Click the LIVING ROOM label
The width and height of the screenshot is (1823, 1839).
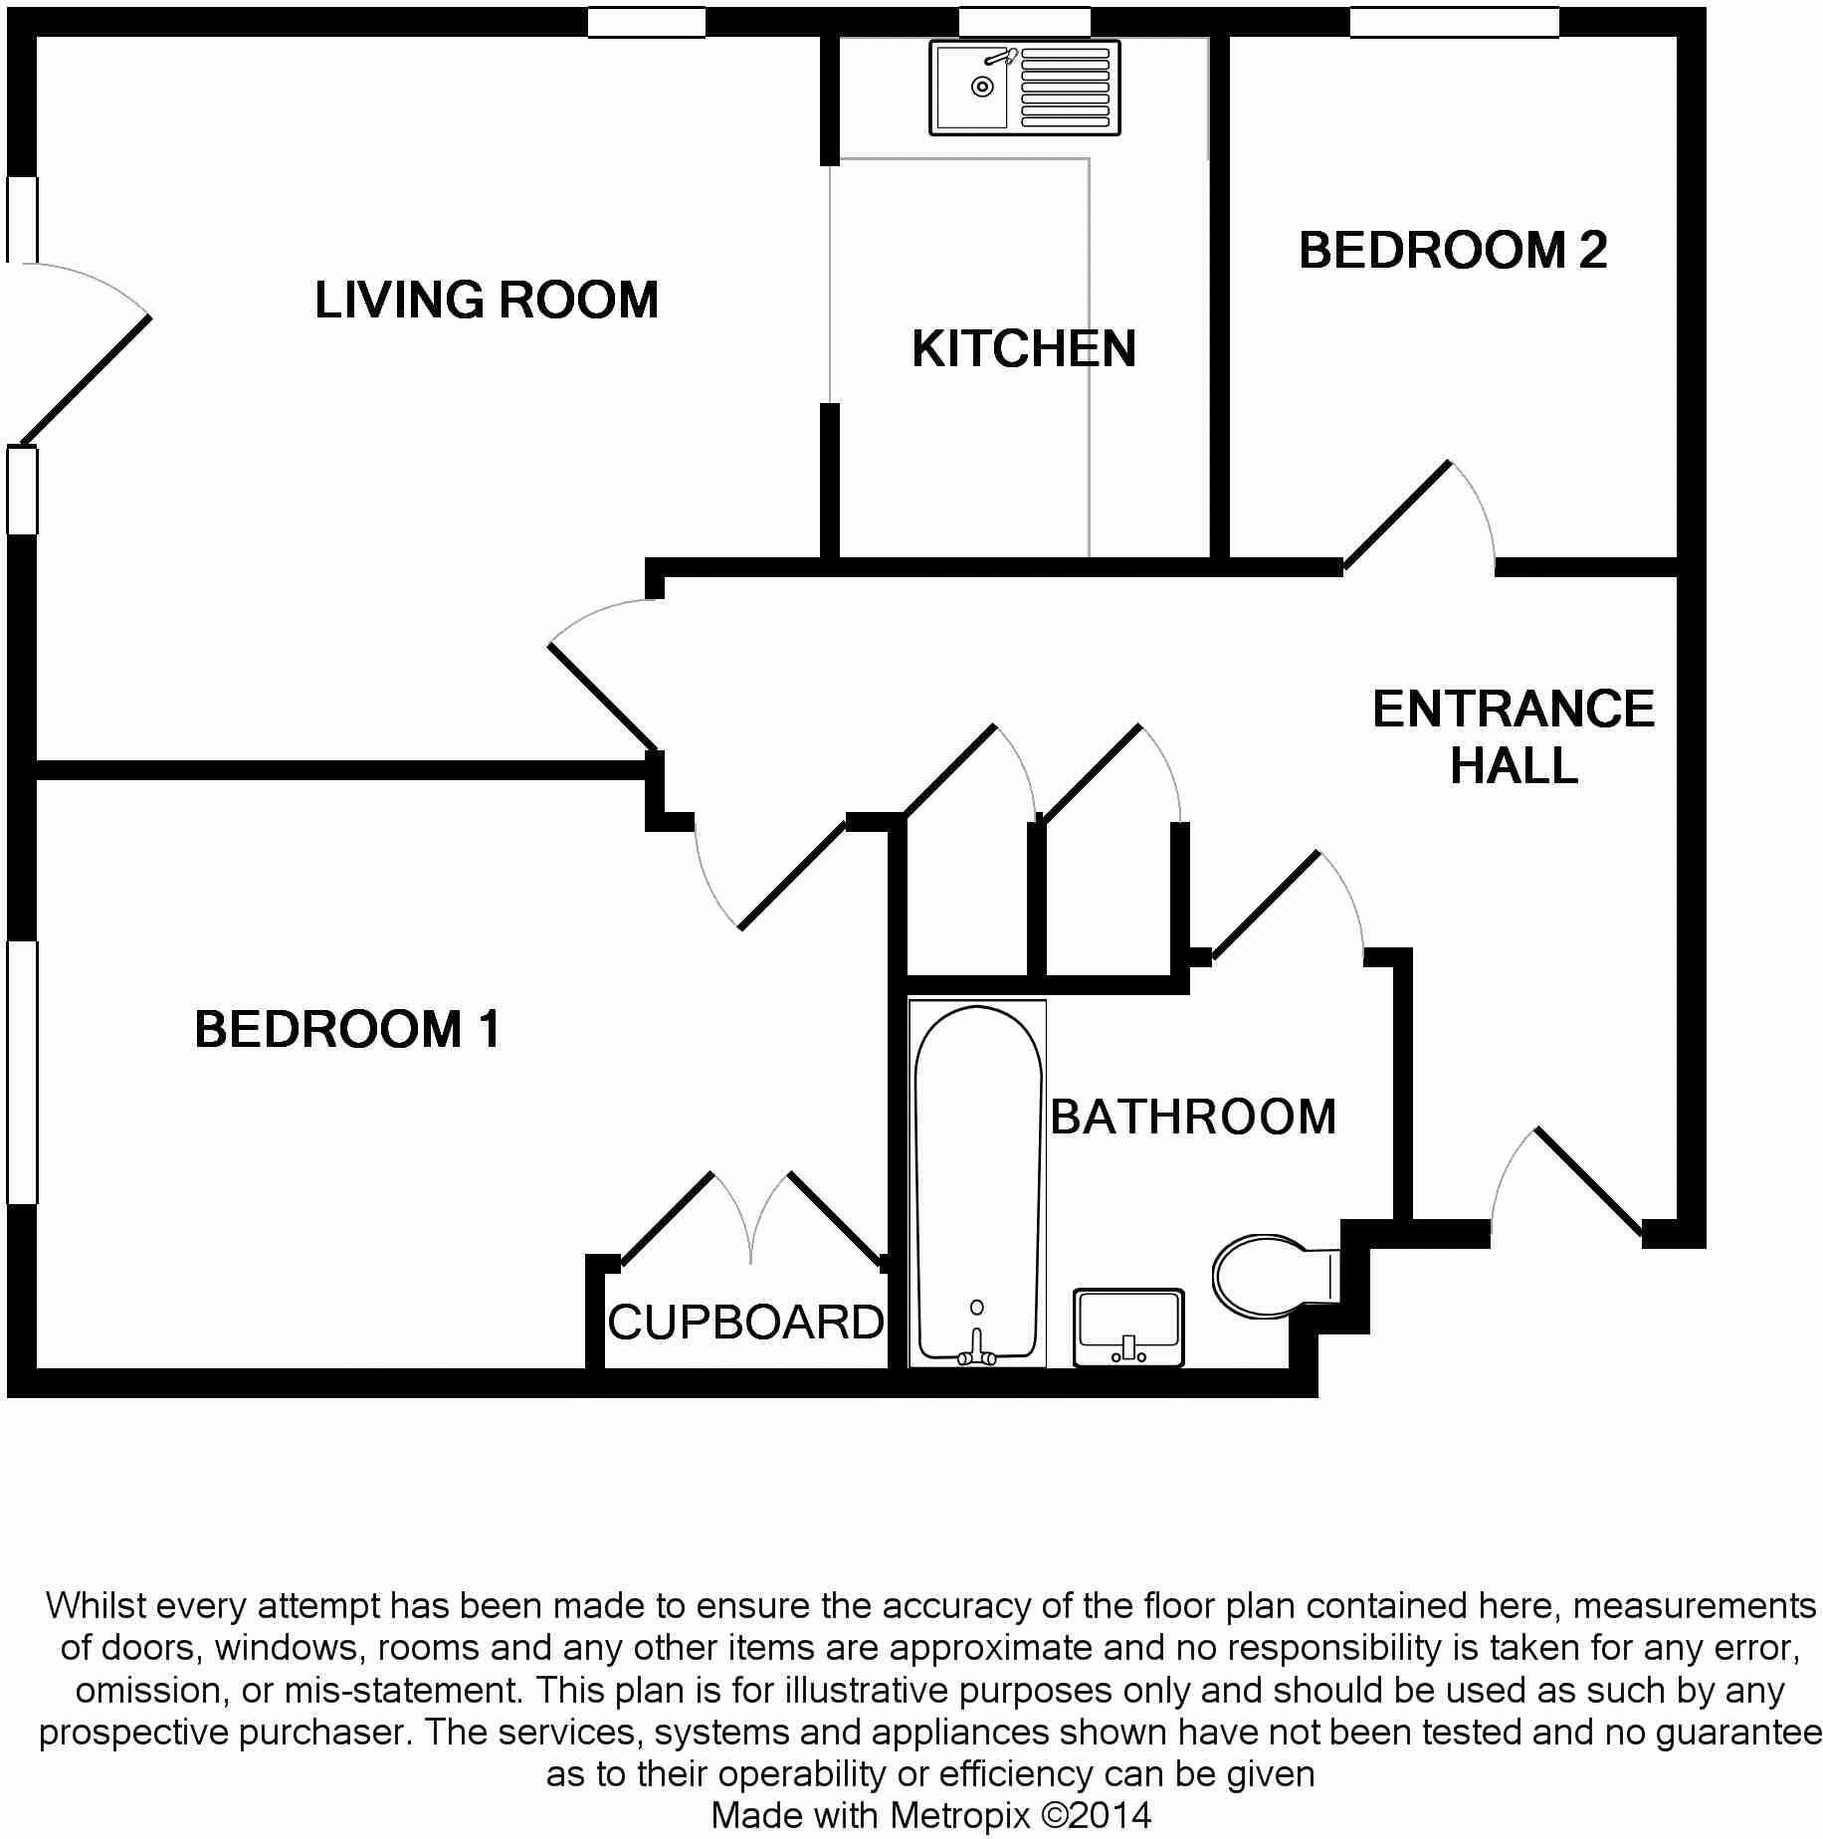[487, 300]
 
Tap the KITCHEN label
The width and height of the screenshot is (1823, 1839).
[1023, 349]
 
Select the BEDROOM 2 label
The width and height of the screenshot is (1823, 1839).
[1452, 250]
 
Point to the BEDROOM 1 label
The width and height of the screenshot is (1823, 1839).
[347, 1029]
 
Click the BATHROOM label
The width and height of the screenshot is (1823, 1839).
[1193, 1117]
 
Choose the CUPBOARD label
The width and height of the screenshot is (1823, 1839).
[745, 1323]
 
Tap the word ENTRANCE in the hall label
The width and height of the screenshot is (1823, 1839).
[1514, 710]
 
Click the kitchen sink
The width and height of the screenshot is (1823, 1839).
[1024, 88]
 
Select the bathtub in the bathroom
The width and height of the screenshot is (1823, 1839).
[977, 1183]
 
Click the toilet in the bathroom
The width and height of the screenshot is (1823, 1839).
[1269, 1276]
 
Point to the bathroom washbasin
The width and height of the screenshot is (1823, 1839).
[1128, 1328]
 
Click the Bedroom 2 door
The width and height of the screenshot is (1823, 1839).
[1398, 515]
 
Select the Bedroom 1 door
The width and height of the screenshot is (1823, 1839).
[791, 876]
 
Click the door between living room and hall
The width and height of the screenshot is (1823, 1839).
[601, 697]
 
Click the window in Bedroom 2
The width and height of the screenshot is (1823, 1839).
[1454, 22]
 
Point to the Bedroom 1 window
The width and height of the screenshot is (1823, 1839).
[22, 1072]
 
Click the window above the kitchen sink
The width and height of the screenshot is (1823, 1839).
[1024, 22]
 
